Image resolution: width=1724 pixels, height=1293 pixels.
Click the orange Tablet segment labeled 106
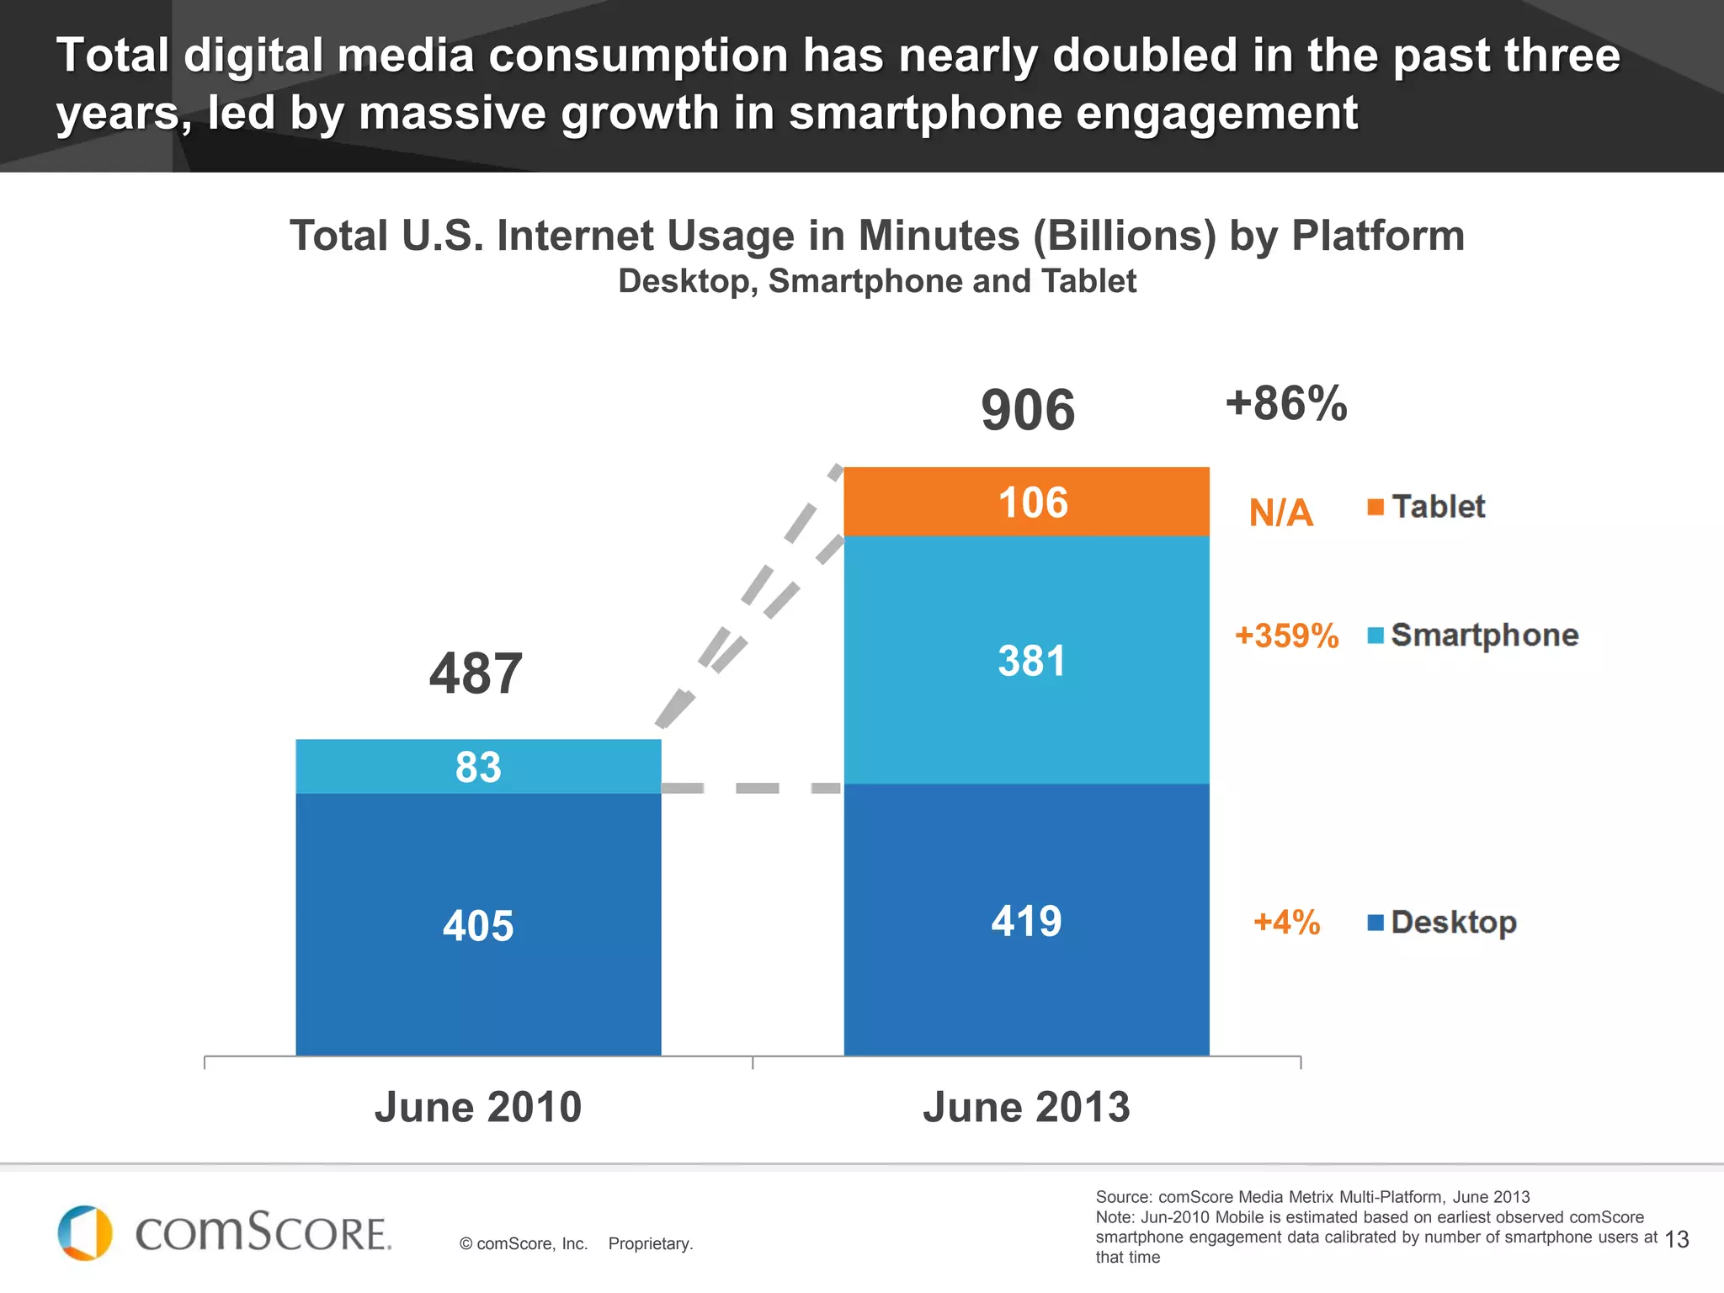pos(1026,503)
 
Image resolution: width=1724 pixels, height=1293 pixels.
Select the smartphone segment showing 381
pos(1026,660)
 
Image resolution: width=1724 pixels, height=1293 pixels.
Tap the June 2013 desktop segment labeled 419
pos(1026,920)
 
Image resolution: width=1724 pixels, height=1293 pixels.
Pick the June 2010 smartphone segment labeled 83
pos(478,767)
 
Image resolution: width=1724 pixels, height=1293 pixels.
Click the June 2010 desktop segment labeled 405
pos(478,924)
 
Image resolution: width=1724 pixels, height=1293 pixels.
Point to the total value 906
pos(1028,410)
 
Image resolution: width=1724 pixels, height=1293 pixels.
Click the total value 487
pos(476,673)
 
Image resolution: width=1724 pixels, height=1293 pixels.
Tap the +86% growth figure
pos(1286,403)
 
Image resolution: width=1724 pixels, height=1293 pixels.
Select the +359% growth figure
pos(1286,636)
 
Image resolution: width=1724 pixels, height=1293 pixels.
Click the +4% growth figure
pos(1286,922)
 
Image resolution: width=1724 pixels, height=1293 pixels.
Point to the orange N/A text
pos(1280,513)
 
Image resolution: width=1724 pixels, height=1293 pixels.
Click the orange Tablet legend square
pos(1375,507)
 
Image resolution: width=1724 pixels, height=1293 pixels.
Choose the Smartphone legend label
pos(1484,635)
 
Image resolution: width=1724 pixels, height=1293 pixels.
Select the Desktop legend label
pos(1453,922)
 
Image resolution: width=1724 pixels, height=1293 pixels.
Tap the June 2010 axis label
pos(478,1106)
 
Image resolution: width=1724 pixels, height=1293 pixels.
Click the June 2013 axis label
pos(1026,1106)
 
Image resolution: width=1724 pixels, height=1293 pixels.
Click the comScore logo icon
pos(85,1232)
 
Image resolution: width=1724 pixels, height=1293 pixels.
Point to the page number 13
pos(1676,1239)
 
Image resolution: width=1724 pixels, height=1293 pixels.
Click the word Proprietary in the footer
pos(650,1243)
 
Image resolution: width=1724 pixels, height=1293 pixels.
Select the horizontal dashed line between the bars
pos(753,788)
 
